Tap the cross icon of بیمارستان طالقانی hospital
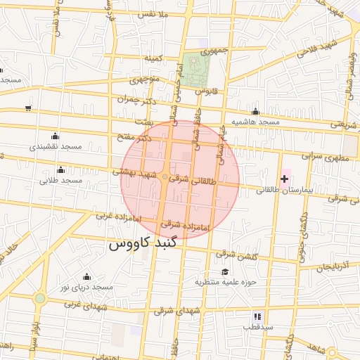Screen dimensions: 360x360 pyautogui.click(x=284, y=179)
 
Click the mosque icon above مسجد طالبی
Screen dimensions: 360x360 pyautogui.click(x=60, y=169)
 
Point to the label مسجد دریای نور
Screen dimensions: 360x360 pyautogui.click(x=86, y=288)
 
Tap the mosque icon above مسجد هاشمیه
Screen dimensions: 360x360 pyautogui.click(x=255, y=112)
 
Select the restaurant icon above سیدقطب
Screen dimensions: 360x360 pyautogui.click(x=257, y=316)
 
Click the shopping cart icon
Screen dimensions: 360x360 pyautogui.click(x=27, y=108)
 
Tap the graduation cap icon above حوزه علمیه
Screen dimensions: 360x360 pyautogui.click(x=225, y=272)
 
